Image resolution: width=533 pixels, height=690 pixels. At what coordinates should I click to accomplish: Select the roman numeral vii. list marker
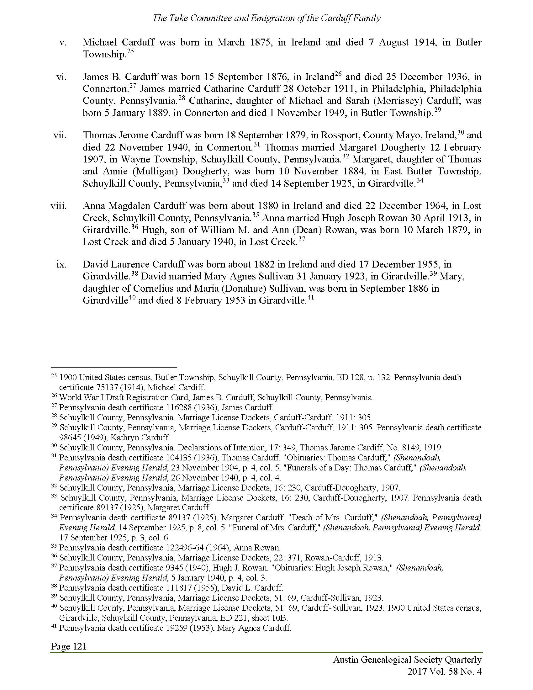pos(60,135)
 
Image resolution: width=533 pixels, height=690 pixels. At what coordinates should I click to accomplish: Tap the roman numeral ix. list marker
pos(61,264)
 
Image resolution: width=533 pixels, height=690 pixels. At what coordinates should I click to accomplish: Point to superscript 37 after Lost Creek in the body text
pos(302,239)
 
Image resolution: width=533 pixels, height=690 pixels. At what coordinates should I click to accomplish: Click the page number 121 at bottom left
pos(80,646)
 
